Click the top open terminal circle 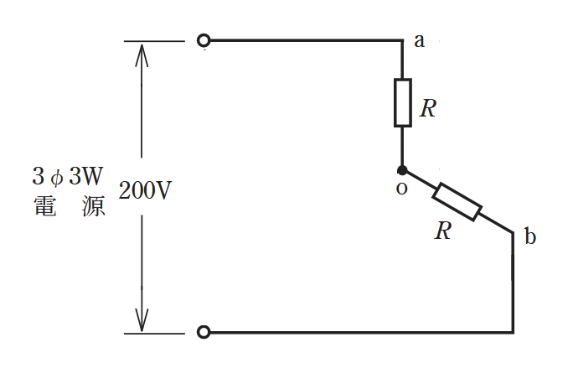point(204,40)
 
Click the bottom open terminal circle point(204,332)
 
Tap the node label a point(419,41)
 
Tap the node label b point(530,236)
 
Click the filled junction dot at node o point(402,170)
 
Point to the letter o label point(401,189)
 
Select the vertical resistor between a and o point(403,103)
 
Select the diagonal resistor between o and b point(457,202)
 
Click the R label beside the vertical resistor point(428,108)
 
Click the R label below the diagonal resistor point(443,231)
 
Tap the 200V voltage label point(145,190)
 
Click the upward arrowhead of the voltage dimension point(142,54)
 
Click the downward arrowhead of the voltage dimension point(142,320)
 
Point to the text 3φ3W point(68,176)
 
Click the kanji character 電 point(45,206)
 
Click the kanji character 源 point(94,206)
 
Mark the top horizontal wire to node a point(307,40)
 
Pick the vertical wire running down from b point(513,283)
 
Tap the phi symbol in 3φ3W point(57,178)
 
